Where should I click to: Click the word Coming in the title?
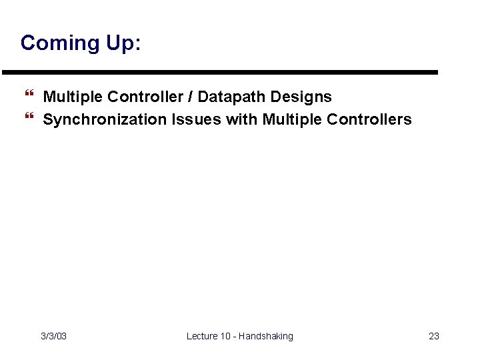coord(58,43)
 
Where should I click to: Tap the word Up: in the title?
coord(121,43)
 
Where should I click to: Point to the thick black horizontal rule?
coord(220,72)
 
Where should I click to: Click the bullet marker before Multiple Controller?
coord(28,97)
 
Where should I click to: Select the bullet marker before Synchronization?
coord(28,120)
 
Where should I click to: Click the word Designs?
coord(301,97)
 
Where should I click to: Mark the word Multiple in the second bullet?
coord(292,120)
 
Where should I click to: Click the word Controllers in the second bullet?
coord(369,120)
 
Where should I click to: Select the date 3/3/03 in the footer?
coord(53,336)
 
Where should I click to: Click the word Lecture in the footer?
coord(202,336)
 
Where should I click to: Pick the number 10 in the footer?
coord(227,336)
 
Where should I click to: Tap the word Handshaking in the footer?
coord(267,336)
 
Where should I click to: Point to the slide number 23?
coord(433,336)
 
